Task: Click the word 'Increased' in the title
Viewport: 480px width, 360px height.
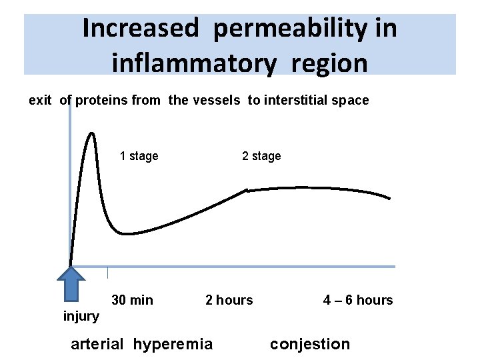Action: [x=141, y=28]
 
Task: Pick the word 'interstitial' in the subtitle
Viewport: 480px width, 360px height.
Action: [x=295, y=100]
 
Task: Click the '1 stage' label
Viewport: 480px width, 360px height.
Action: [x=139, y=156]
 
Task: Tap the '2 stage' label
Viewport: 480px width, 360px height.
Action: [x=261, y=156]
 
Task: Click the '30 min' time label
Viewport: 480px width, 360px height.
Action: [x=132, y=300]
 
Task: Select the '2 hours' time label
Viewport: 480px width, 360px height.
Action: [x=229, y=300]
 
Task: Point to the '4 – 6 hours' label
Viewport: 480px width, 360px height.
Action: [x=358, y=300]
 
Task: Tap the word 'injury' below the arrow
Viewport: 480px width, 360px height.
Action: [x=81, y=316]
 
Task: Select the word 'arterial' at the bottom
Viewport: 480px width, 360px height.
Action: [x=97, y=344]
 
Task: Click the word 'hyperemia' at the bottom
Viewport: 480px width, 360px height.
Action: [x=173, y=344]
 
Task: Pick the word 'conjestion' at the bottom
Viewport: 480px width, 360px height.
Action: [x=309, y=344]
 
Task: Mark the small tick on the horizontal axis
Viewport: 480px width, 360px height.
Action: [x=107, y=272]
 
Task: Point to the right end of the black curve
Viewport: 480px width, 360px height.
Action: [x=390, y=198]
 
